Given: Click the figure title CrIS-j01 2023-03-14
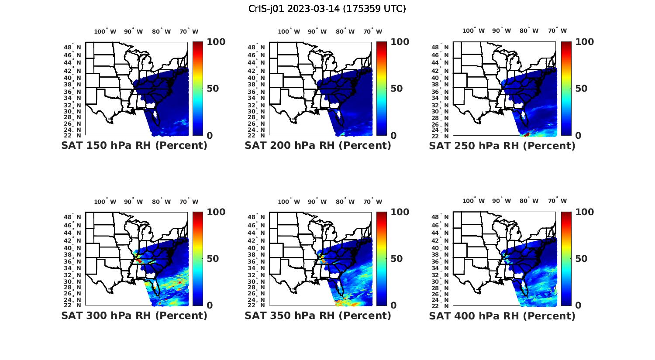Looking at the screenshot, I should (x=327, y=9).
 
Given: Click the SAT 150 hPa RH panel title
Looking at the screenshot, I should (x=134, y=145).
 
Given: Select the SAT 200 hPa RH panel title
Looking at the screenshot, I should (x=318, y=145).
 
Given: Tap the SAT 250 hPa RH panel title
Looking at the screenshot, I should (x=502, y=145).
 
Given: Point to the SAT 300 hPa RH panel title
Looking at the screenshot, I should (x=134, y=315).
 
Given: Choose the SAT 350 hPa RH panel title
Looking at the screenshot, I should (x=318, y=315).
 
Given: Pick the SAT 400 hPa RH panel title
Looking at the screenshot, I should (x=502, y=315).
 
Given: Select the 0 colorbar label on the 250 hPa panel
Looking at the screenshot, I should (x=579, y=135).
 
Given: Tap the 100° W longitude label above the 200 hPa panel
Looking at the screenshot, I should (x=289, y=31).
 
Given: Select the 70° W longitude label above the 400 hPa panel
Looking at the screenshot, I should (x=557, y=201).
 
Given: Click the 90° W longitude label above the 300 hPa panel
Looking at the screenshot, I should (x=133, y=202).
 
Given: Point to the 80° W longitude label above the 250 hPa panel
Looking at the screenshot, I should (x=529, y=31).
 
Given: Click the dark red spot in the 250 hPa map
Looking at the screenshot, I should (x=527, y=134).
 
